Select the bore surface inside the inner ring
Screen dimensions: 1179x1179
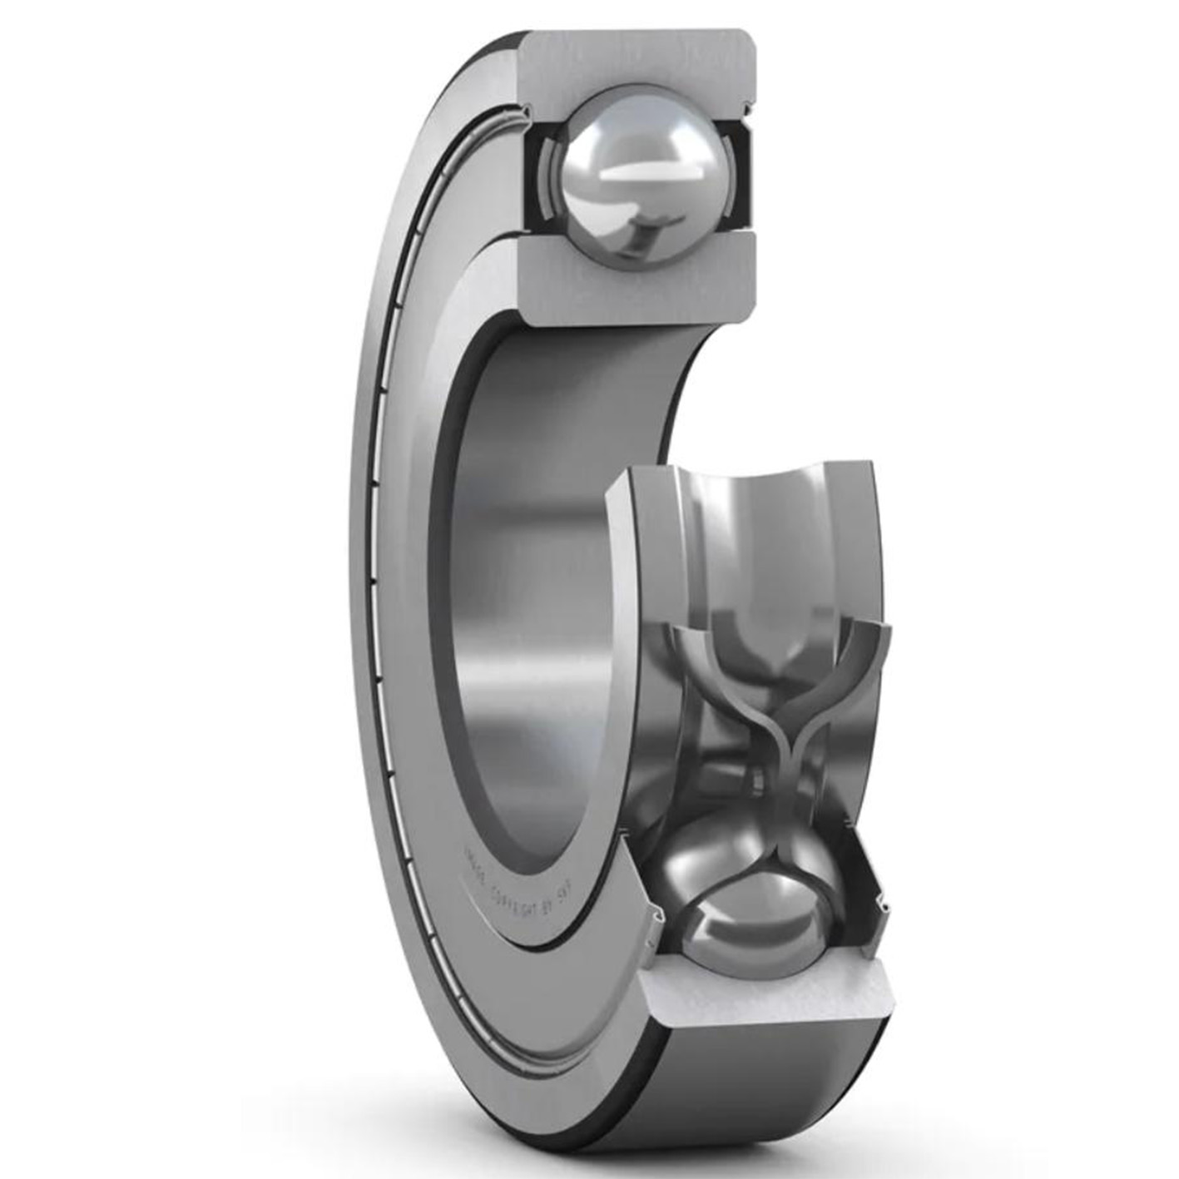point(533,582)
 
